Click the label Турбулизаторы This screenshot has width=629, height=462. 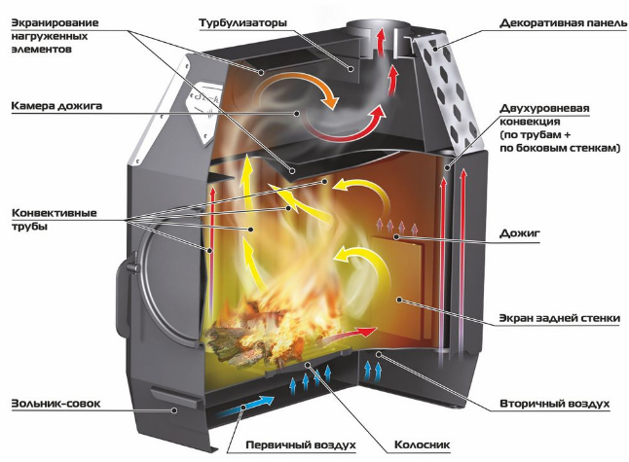click(243, 22)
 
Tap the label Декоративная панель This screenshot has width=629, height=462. click(563, 22)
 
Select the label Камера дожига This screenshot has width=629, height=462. click(56, 106)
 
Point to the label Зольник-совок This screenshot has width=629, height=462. click(55, 403)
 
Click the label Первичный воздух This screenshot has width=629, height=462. click(301, 444)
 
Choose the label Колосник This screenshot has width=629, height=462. click(422, 444)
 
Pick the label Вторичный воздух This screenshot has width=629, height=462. click(554, 404)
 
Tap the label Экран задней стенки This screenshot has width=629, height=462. click(560, 319)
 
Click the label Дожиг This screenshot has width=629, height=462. click(520, 233)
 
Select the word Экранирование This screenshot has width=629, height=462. click(55, 22)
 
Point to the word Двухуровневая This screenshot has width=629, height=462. click(544, 109)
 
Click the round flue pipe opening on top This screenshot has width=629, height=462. click(379, 27)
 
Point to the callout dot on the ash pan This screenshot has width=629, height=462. click(174, 409)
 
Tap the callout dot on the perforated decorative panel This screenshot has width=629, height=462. click(435, 49)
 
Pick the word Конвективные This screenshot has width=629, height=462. click(55, 213)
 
